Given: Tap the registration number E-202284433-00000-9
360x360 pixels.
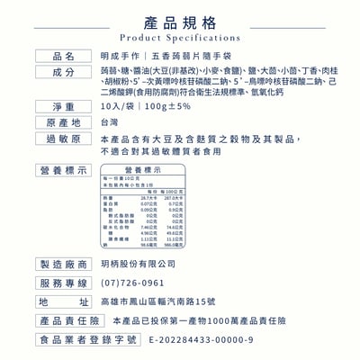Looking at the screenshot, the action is pyautogui.click(x=201, y=340).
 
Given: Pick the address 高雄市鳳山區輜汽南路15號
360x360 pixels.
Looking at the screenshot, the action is pyautogui.click(x=159, y=301).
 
